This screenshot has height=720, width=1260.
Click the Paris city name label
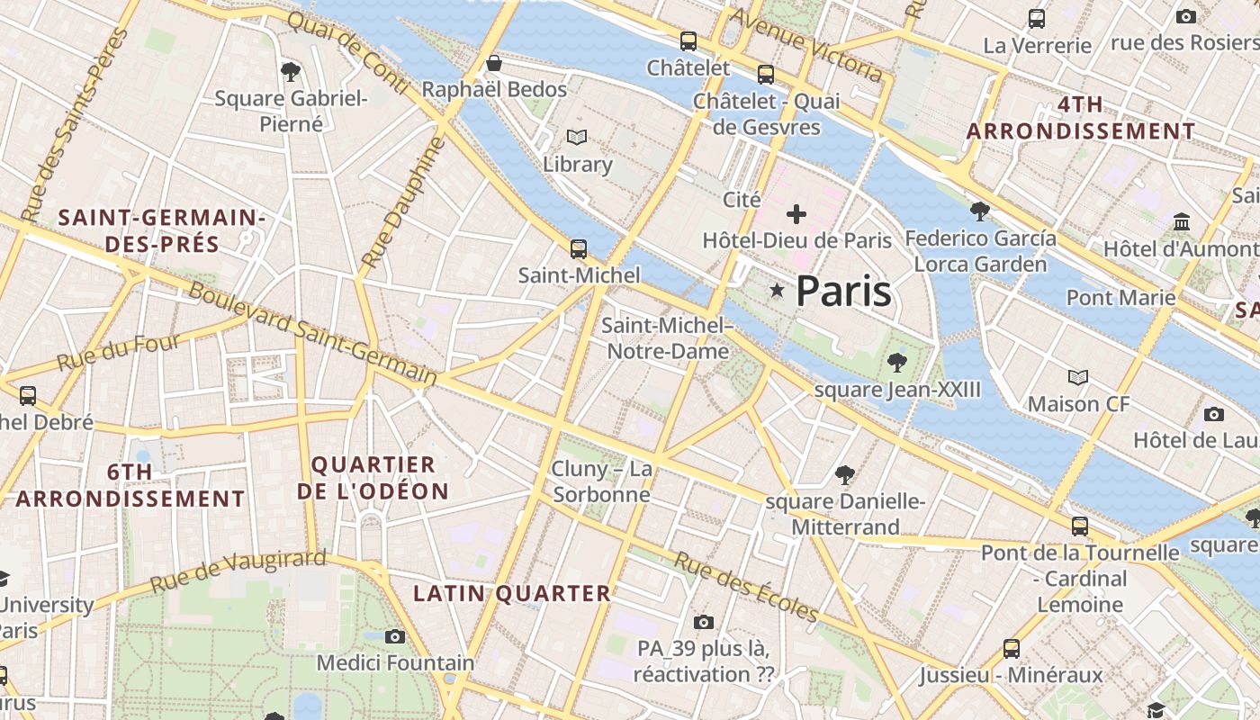843,291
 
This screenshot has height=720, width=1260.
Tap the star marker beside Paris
777,290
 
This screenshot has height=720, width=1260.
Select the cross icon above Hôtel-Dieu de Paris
796,214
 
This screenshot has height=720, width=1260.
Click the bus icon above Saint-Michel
579,249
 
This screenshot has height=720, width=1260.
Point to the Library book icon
577,138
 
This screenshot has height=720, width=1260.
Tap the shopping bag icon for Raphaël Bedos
493,63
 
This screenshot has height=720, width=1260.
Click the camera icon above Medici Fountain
394,636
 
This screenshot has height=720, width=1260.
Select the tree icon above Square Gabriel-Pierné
290,70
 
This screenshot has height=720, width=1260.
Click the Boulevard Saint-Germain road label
312,334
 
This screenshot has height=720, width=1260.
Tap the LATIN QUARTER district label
512,593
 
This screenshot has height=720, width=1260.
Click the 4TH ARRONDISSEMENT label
1080,118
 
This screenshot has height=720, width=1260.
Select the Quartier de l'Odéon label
373,478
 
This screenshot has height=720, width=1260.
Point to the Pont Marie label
1120,297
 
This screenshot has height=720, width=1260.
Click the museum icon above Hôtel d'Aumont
1182,220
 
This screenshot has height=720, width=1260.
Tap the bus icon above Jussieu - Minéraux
1012,648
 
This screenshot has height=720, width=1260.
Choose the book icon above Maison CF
1077,377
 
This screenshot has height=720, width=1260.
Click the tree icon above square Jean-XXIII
896,362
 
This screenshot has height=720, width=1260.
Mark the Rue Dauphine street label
403,203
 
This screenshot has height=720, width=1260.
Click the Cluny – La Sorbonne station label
601,481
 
